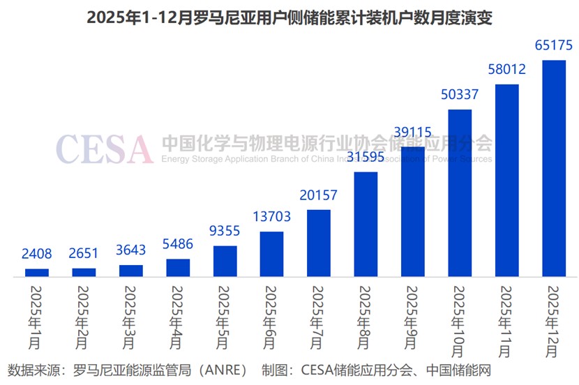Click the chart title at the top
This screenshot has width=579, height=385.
pyautogui.click(x=289, y=17)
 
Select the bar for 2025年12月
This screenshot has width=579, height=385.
pyautogui.click(x=554, y=169)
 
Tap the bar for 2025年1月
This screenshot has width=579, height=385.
pyautogui.click(x=37, y=273)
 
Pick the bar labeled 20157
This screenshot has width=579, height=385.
pyautogui.click(x=319, y=243)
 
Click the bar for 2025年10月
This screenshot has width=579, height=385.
pyautogui.click(x=460, y=193)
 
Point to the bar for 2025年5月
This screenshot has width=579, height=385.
pyautogui.click(x=225, y=261)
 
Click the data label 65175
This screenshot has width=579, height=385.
pyautogui.click(x=554, y=45)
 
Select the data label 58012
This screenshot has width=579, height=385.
pyautogui.click(x=506, y=69)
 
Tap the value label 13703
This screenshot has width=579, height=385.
pyautogui.click(x=271, y=217)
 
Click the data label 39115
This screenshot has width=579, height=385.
pyautogui.click(x=412, y=132)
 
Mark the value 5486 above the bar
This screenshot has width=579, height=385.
pyautogui.click(x=178, y=244)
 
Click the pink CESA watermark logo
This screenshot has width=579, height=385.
pyautogui.click(x=104, y=149)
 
